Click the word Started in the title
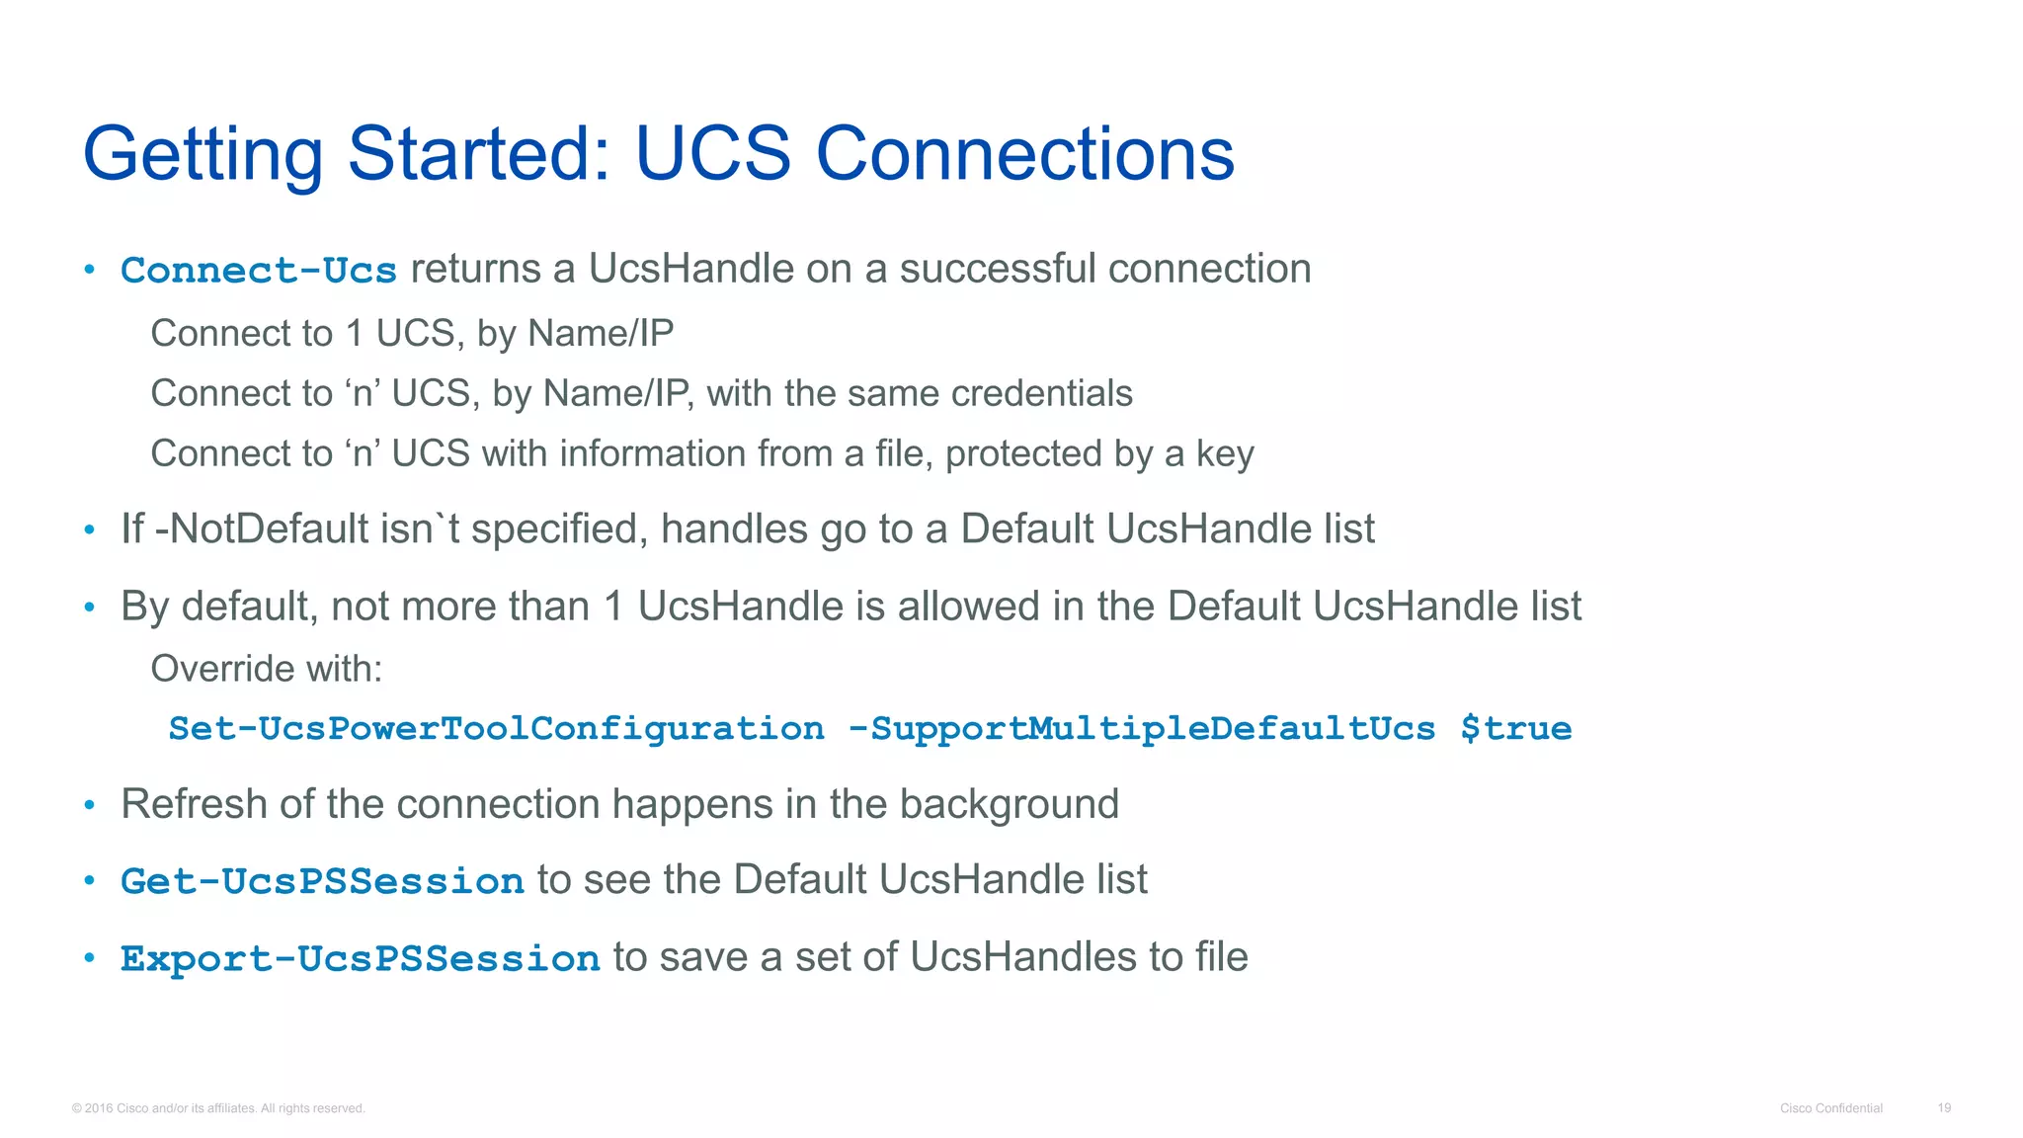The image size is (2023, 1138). (x=479, y=154)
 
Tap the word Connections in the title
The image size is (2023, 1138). (x=1024, y=154)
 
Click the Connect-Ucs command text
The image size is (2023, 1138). (x=259, y=271)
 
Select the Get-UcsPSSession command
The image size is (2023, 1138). (x=322, y=881)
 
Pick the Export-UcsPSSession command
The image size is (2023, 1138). (x=360, y=958)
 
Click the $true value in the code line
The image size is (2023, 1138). (x=1515, y=729)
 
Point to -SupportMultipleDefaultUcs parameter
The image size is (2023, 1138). (x=1142, y=729)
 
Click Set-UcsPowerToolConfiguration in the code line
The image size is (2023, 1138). (x=496, y=729)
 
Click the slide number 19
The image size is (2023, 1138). (x=1944, y=1108)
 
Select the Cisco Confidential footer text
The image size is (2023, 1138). (x=1831, y=1108)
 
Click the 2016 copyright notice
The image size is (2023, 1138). (x=218, y=1108)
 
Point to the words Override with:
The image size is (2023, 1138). (x=266, y=669)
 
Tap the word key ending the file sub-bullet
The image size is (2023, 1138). (x=1225, y=454)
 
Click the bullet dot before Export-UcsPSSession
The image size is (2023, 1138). (x=89, y=957)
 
